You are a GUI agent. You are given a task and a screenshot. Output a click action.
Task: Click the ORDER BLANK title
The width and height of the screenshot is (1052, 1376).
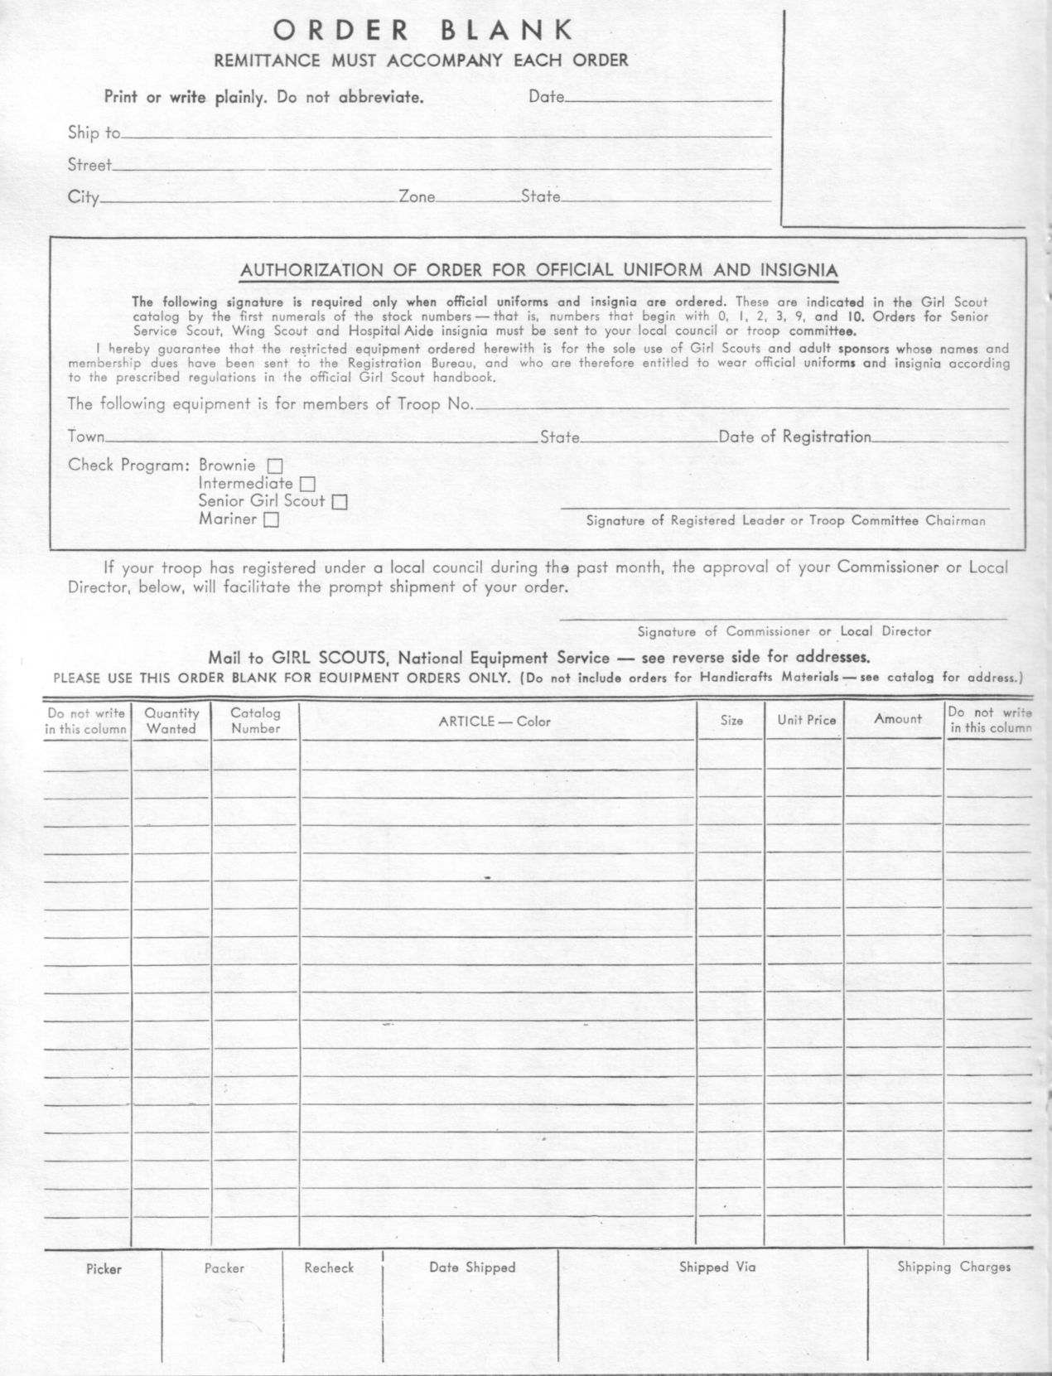[423, 31]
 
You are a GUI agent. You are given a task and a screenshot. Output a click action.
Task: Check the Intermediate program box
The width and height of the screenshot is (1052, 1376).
[307, 484]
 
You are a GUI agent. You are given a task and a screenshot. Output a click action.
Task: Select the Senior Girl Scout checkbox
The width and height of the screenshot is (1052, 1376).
[340, 502]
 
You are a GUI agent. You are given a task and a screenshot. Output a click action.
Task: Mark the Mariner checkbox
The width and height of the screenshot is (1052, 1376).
[271, 520]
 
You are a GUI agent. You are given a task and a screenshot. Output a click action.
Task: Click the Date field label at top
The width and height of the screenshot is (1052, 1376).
[546, 97]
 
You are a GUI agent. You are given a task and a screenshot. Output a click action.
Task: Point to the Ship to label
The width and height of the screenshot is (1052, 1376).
[94, 133]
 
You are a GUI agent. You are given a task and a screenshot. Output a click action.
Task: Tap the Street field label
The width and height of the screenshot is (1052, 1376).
[89, 165]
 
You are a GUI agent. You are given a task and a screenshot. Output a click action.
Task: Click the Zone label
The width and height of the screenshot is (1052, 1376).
[417, 197]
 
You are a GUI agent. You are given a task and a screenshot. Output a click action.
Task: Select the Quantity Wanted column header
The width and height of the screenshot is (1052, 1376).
[171, 721]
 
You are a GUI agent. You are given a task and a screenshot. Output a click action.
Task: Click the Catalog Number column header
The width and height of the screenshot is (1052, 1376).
[255, 721]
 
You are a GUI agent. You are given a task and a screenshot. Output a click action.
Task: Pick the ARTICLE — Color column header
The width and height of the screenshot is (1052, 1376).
[495, 722]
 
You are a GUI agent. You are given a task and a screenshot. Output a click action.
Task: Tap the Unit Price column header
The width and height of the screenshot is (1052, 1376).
[806, 720]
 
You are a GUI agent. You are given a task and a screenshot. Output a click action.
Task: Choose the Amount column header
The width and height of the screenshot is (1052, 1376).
[897, 719]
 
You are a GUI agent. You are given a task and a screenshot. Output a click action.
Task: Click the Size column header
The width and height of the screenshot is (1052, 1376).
[731, 721]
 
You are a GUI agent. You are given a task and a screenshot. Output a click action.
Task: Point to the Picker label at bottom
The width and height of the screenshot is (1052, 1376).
[104, 1269]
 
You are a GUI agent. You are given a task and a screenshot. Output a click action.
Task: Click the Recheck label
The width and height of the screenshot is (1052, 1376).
[329, 1267]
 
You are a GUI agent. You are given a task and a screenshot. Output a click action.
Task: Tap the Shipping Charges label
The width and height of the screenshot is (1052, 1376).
[953, 1267]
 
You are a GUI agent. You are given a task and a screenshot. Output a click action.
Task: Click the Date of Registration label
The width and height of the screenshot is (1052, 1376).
[794, 437]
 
